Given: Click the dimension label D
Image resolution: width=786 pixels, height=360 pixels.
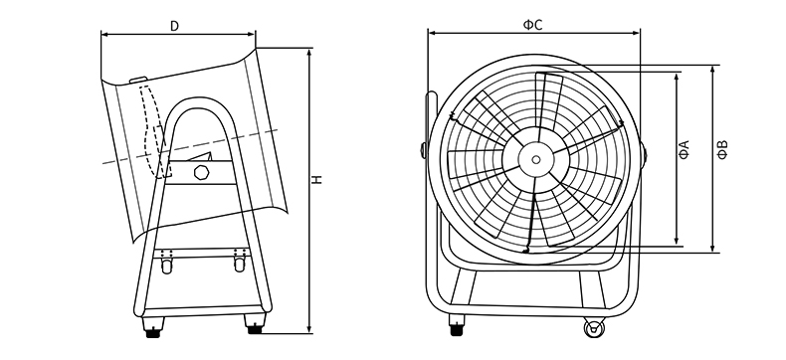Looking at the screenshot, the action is (174, 26).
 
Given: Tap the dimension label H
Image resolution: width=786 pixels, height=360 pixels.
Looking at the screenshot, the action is (317, 179).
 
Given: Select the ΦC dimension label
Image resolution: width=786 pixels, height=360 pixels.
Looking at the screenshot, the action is (533, 25).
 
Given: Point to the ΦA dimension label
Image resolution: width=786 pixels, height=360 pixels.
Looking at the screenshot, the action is (685, 150).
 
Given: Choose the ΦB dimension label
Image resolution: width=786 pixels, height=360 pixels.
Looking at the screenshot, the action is (722, 150).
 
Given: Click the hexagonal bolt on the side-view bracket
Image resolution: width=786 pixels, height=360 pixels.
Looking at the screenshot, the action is (202, 172).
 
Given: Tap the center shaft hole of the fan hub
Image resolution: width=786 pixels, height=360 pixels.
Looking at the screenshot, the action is (536, 160).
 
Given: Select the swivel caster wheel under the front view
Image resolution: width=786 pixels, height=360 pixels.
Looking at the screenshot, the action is (594, 328).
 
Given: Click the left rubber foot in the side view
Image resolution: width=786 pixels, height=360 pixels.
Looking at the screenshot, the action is (153, 328).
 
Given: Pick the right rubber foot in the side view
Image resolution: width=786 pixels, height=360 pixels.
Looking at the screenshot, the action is (255, 324).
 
